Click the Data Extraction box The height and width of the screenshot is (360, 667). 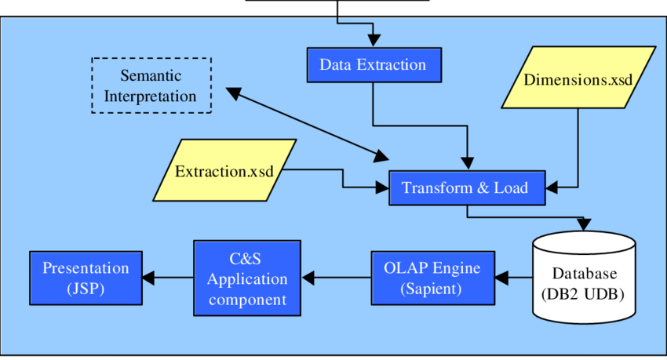373,64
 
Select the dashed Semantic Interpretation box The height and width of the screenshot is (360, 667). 151,85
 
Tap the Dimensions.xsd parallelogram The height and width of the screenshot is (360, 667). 578,79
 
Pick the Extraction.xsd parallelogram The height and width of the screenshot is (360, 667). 225,169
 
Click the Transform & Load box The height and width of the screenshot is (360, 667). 465,187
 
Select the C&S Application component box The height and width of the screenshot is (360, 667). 248,278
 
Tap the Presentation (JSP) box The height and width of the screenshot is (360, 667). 86,278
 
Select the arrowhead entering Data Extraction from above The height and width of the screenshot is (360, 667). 373,39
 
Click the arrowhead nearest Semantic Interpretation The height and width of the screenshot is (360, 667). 231,92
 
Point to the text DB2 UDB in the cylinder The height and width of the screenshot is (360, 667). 584,295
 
